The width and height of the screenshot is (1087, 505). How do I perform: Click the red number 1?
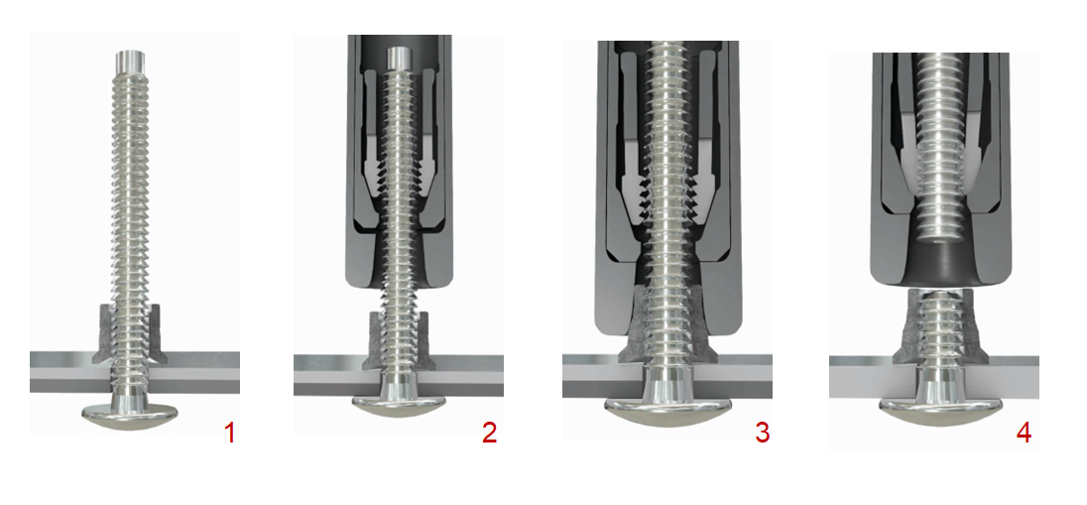pyautogui.click(x=229, y=433)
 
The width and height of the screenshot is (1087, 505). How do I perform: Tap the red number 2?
pyautogui.click(x=489, y=433)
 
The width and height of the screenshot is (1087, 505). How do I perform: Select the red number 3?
pyautogui.click(x=762, y=433)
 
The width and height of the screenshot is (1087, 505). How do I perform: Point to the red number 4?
pyautogui.click(x=1024, y=433)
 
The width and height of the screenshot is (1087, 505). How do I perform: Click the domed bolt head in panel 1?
pyautogui.click(x=130, y=414)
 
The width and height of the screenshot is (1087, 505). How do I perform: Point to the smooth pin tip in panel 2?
pyautogui.click(x=400, y=58)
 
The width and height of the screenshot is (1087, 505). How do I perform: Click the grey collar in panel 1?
pyautogui.click(x=129, y=333)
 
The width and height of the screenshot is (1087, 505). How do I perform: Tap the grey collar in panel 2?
pyautogui.click(x=398, y=341)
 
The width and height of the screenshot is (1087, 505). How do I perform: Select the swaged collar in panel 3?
pyautogui.click(x=667, y=326)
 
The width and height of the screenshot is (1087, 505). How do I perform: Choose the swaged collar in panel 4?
pyautogui.click(x=935, y=326)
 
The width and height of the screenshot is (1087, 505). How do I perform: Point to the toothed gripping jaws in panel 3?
pyautogui.click(x=667, y=188)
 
